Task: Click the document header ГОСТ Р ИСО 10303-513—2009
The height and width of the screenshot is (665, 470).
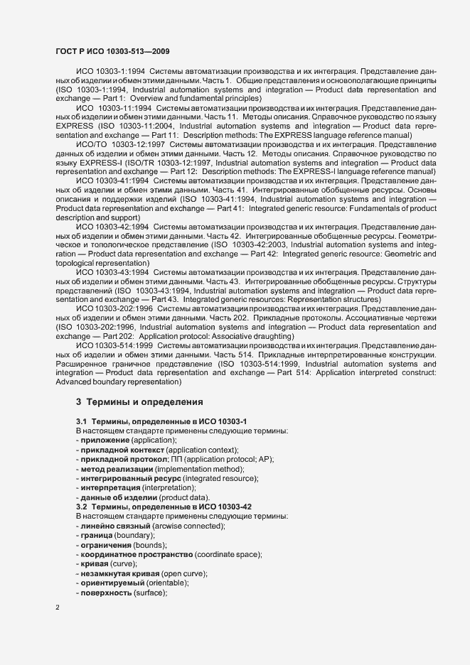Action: click(112, 52)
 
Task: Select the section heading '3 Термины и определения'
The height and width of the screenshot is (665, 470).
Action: click(139, 401)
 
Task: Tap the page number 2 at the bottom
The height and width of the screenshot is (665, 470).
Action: click(58, 607)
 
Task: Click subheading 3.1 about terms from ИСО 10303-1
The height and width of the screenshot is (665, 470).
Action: click(161, 422)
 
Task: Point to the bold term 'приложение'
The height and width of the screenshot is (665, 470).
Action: click(105, 440)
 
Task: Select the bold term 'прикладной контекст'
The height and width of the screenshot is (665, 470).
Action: click(122, 450)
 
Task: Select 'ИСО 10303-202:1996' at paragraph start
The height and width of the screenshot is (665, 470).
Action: click(113, 308)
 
